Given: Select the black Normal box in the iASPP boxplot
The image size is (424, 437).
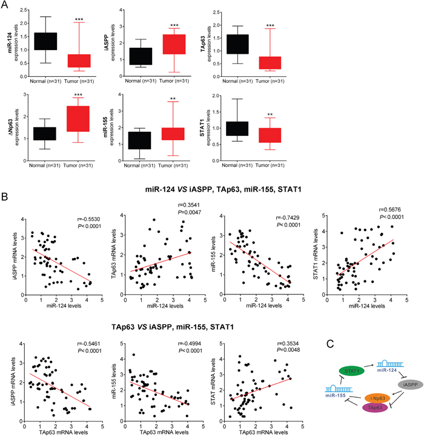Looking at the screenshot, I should point(161,56).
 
